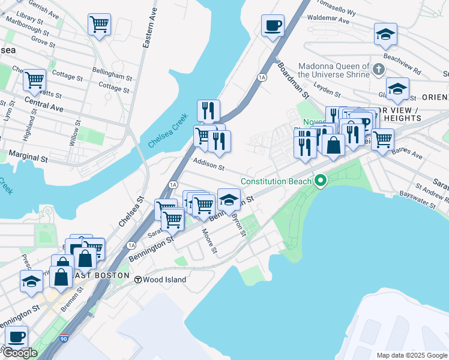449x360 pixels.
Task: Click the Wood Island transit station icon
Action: (138, 280)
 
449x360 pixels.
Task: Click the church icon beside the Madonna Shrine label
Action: (378, 70)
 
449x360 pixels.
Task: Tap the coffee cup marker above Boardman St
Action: (273, 26)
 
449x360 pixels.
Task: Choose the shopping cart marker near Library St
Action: (99, 25)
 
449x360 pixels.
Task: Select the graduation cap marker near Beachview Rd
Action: (385, 34)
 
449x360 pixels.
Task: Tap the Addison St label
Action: (208, 164)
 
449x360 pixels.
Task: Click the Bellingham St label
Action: (112, 76)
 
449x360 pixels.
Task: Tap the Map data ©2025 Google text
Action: (411, 355)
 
